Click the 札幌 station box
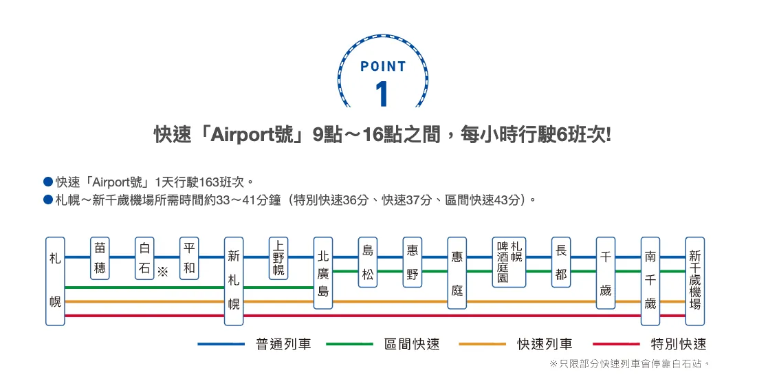pos(55,281)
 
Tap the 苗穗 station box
pos(100,258)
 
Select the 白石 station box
pos(144,258)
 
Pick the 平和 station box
pos(189,258)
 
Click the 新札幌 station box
pos(234,281)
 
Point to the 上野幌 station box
pos(278,258)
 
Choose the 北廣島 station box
pos(323,272)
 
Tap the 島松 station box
pos(368,262)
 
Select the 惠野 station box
pos(413,262)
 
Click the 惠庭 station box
pos(457,272)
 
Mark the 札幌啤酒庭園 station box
pos(509,262)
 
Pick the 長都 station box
pos(561,262)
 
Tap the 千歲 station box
pos(605,272)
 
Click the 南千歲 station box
pos(650,281)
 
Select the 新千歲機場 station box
pos(695,281)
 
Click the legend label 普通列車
pos(283,344)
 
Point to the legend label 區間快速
pos(412,344)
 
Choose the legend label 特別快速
pos(679,344)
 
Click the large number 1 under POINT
pos(383,94)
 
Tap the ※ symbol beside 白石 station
pos(163,271)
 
